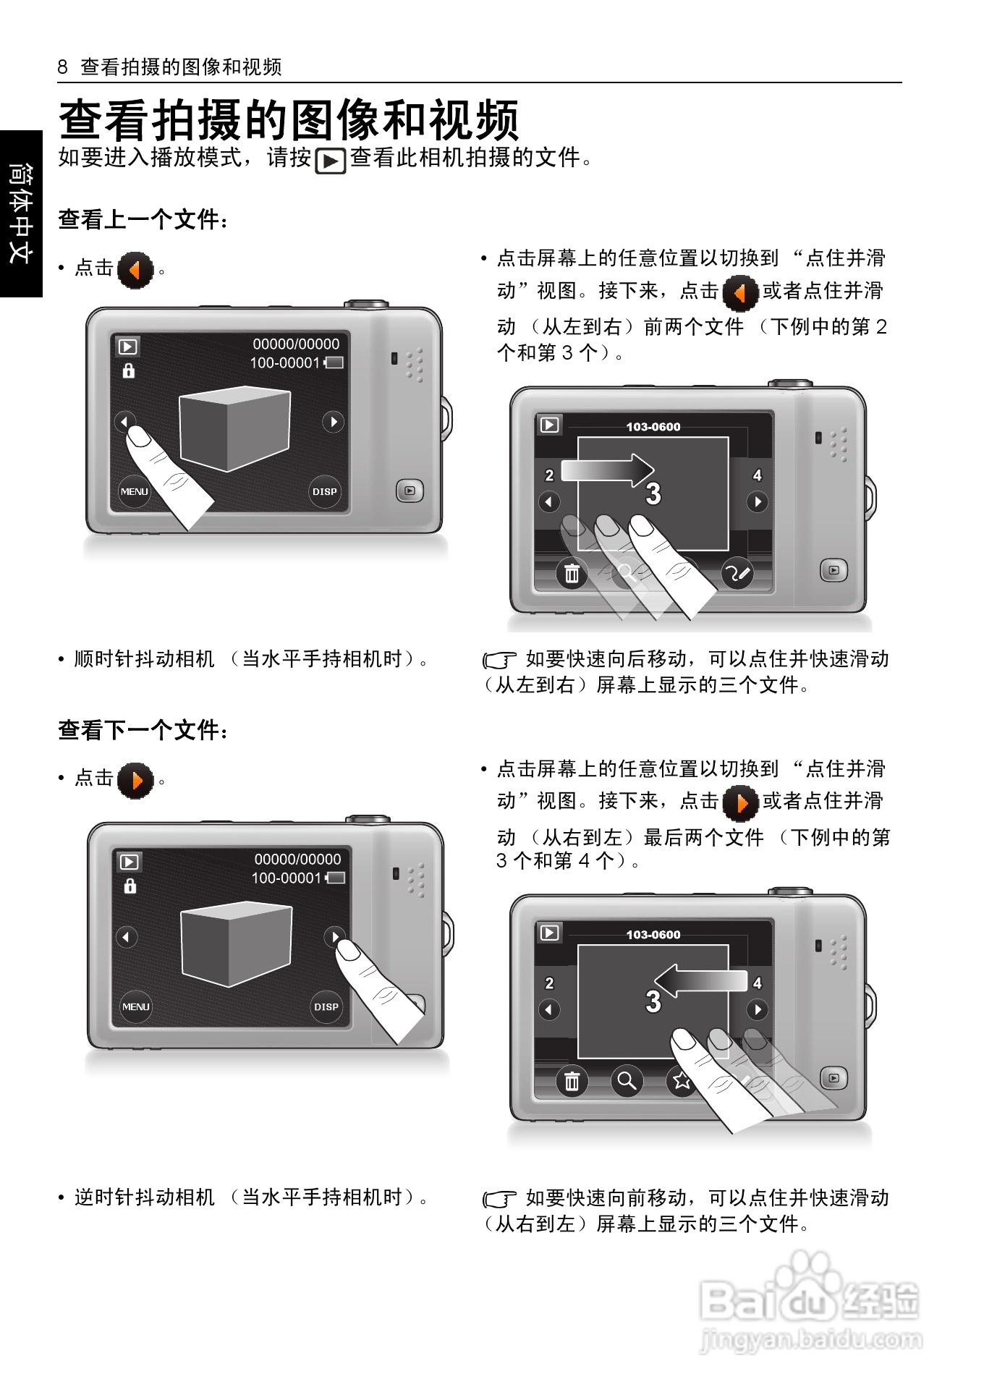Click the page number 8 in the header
coord(62,67)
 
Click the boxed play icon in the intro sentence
coord(331,160)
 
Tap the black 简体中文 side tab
coord(21,213)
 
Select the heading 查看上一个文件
coord(143,219)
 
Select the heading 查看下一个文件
coord(143,729)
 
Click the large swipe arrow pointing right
coord(608,470)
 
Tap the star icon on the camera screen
coord(681,1081)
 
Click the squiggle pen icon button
coord(737,574)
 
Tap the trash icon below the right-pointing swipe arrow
coord(572,574)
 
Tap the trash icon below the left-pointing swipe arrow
coord(572,1082)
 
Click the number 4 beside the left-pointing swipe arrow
coord(757,983)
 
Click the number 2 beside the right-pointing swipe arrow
coord(549,475)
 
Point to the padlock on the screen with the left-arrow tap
coord(129,370)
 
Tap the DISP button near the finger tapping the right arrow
coord(326,1006)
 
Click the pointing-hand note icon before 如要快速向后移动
coord(499,660)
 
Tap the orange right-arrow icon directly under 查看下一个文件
coord(135,781)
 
